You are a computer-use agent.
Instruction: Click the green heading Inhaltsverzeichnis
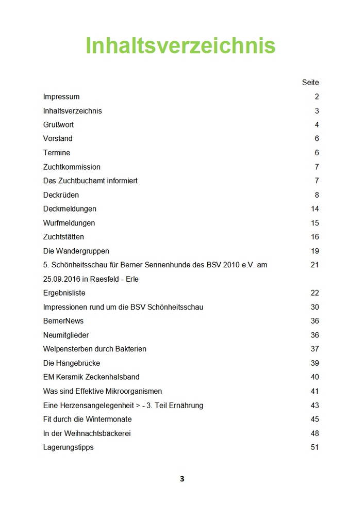180,45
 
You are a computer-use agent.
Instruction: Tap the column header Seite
310,83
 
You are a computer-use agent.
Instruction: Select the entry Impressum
61,97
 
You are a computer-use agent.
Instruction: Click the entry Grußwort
58,125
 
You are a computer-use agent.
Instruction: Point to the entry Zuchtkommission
72,167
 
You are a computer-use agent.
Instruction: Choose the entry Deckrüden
61,195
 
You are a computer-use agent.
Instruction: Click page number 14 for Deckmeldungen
315,209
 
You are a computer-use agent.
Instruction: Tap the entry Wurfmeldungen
69,223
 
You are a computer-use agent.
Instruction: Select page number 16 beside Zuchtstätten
315,237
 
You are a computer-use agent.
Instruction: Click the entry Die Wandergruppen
76,251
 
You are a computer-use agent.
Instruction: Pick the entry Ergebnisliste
64,293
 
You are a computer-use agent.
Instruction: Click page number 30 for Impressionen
315,307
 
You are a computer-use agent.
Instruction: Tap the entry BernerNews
63,321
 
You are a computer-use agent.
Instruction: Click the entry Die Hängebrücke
72,363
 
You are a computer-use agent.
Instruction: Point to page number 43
315,405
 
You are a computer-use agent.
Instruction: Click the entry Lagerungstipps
69,447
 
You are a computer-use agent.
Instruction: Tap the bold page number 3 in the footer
182,479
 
